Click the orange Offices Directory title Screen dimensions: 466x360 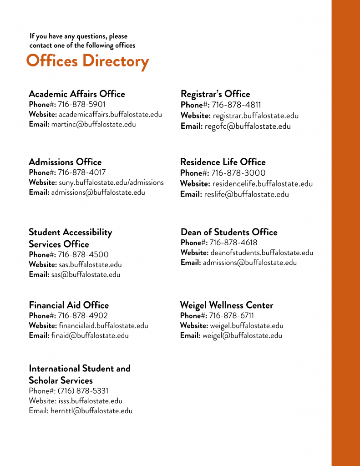87,61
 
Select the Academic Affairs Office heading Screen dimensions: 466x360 76,94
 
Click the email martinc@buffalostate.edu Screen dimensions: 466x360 93,124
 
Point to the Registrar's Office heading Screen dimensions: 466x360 215,94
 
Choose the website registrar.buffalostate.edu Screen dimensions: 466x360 256,116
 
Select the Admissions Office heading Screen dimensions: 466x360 65,162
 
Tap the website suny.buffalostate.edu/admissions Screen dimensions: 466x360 111,182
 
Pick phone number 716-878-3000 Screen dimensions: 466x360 238,173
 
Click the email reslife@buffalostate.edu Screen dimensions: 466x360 246,194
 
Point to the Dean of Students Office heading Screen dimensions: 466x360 229,232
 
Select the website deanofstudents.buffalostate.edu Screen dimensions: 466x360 262,253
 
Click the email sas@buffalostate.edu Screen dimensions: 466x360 86,274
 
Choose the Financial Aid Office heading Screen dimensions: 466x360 69,305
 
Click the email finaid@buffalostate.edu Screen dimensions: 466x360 90,336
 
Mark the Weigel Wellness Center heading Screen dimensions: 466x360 227,305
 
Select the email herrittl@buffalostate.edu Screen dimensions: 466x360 91,410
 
